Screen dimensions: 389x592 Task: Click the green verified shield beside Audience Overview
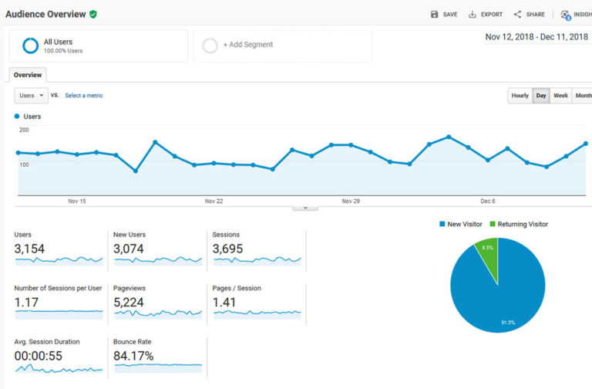point(93,14)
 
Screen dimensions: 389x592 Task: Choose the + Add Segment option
point(247,45)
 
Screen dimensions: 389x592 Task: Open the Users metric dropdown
point(31,96)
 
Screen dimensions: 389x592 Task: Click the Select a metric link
point(83,96)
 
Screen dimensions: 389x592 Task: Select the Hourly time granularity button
point(520,96)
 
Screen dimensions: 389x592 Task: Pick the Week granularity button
point(560,96)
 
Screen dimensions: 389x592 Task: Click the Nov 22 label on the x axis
point(214,201)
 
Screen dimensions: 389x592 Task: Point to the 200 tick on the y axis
point(24,130)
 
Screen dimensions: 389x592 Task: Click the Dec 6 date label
point(487,201)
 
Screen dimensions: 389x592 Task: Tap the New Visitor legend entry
point(462,224)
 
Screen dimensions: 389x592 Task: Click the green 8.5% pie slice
point(488,251)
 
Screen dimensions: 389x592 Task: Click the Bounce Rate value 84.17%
point(133,356)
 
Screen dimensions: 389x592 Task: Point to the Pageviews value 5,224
point(128,303)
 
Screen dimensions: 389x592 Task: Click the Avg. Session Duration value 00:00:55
point(38,356)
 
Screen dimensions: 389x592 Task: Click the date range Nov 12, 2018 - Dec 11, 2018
point(536,37)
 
